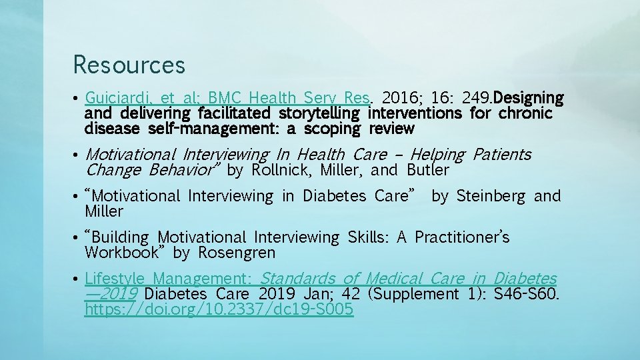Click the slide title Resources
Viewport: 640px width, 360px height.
[x=129, y=65]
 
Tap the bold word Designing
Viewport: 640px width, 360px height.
[x=530, y=99]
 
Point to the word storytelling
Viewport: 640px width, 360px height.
[x=319, y=113]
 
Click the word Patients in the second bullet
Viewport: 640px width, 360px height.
[x=501, y=155]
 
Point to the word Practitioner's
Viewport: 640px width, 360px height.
[x=462, y=237]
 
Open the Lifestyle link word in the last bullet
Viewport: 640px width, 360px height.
[x=111, y=278]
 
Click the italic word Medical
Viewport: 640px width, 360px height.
[x=394, y=278]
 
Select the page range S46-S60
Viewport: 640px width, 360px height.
[x=527, y=294]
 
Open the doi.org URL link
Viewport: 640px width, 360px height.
[x=219, y=309]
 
